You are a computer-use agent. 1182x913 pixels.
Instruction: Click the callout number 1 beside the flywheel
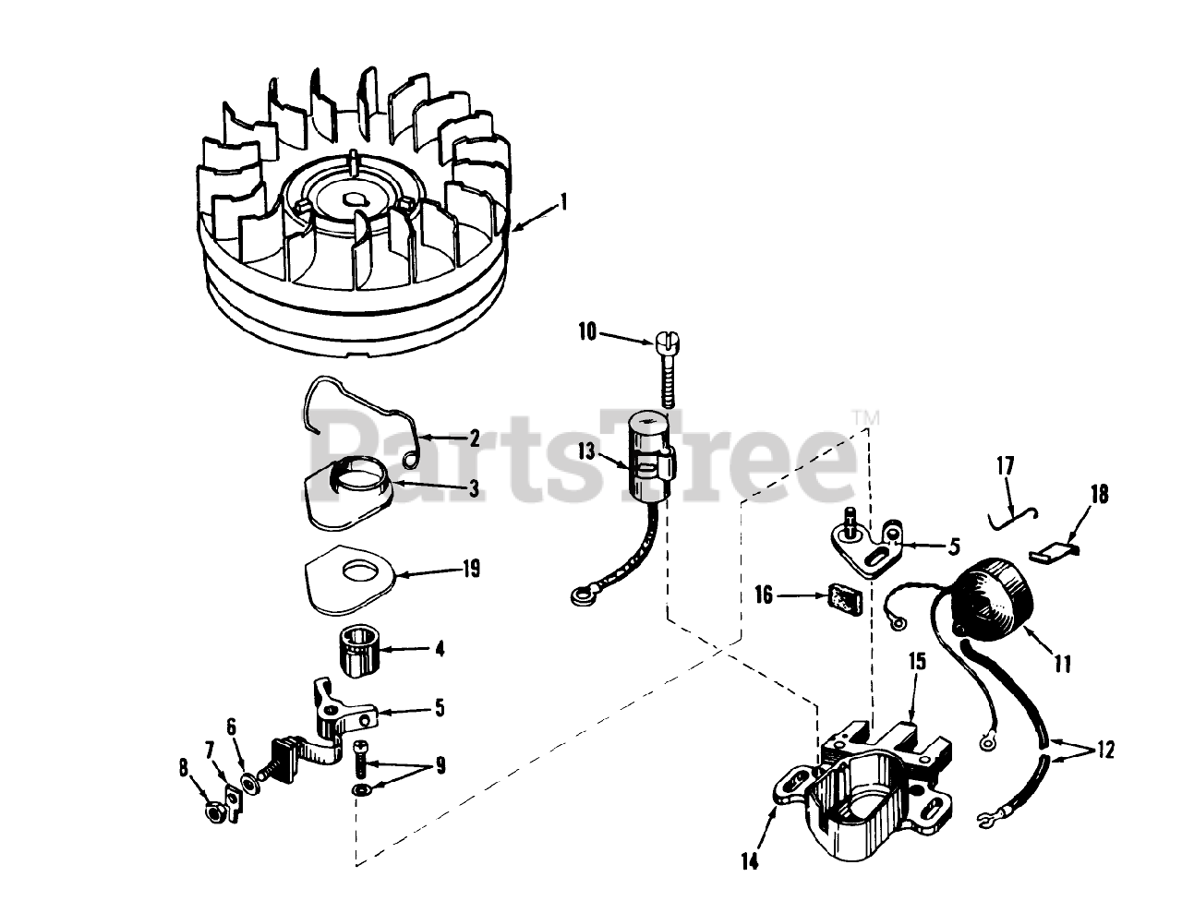point(563,202)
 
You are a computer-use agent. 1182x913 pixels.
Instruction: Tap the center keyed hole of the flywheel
point(354,200)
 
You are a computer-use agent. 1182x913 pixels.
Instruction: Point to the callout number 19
point(471,569)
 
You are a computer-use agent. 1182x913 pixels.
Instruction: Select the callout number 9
point(440,765)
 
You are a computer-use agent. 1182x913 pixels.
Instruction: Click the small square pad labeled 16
point(845,599)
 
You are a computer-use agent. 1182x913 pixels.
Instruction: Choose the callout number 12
point(1104,750)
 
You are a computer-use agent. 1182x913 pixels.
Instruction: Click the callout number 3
point(474,488)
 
